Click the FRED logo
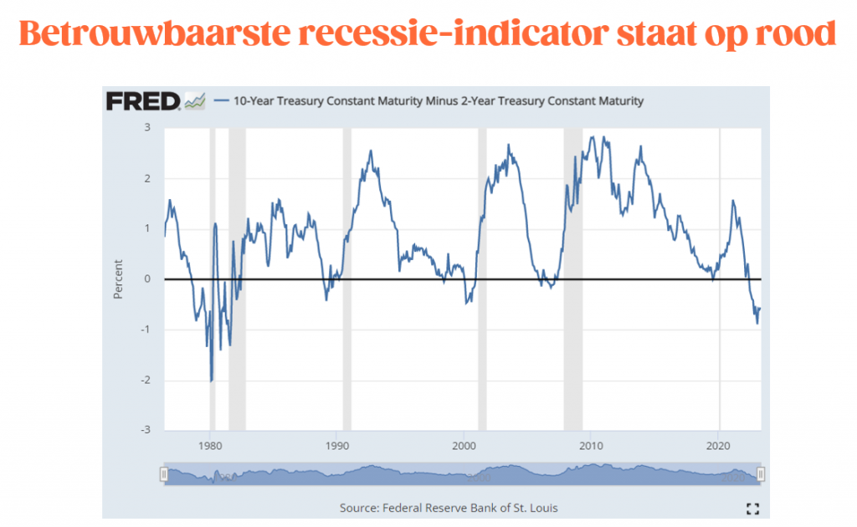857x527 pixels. tap(143, 101)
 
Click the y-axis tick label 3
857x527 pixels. tap(146, 127)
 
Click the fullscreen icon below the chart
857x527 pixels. tap(752, 509)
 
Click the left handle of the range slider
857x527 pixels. tap(164, 474)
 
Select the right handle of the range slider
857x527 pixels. tap(760, 474)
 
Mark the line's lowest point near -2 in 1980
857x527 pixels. tap(211, 381)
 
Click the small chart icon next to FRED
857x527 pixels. tap(195, 101)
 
